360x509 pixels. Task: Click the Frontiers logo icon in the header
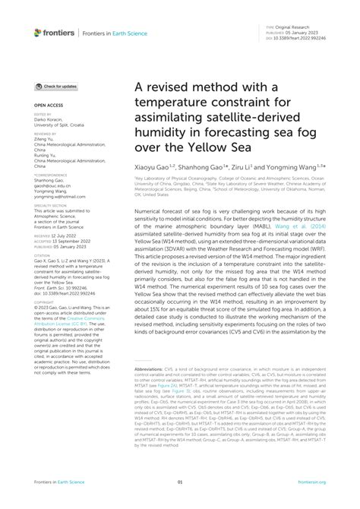(38, 32)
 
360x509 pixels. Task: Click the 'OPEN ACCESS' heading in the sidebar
(49, 105)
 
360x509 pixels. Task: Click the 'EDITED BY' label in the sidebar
(44, 115)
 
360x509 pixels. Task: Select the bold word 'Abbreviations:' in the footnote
(153, 368)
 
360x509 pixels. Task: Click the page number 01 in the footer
(180, 482)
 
